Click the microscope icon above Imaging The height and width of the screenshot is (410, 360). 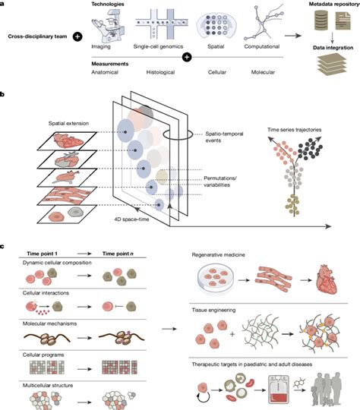[x=108, y=26]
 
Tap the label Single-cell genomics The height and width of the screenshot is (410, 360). [x=158, y=46]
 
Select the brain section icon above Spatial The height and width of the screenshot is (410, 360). [x=216, y=25]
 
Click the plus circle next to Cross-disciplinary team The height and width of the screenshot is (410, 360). [x=77, y=36]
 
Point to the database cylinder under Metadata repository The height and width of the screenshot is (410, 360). [x=321, y=20]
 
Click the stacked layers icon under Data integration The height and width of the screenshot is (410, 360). [x=332, y=65]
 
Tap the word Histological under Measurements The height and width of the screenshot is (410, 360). [x=160, y=72]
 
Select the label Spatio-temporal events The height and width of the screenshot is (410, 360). [x=224, y=137]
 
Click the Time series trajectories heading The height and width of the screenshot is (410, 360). [x=295, y=129]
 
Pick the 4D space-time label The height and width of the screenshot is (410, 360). [x=131, y=219]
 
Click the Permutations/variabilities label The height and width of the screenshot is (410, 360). [x=220, y=181]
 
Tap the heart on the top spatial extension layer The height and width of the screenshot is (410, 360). [x=68, y=140]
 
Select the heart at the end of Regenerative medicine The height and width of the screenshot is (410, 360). [x=327, y=279]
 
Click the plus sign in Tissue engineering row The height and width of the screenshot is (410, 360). [x=232, y=334]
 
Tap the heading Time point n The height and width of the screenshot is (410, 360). [x=118, y=254]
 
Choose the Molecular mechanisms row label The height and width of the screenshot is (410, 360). [x=49, y=323]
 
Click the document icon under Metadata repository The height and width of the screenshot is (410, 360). [x=343, y=21]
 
